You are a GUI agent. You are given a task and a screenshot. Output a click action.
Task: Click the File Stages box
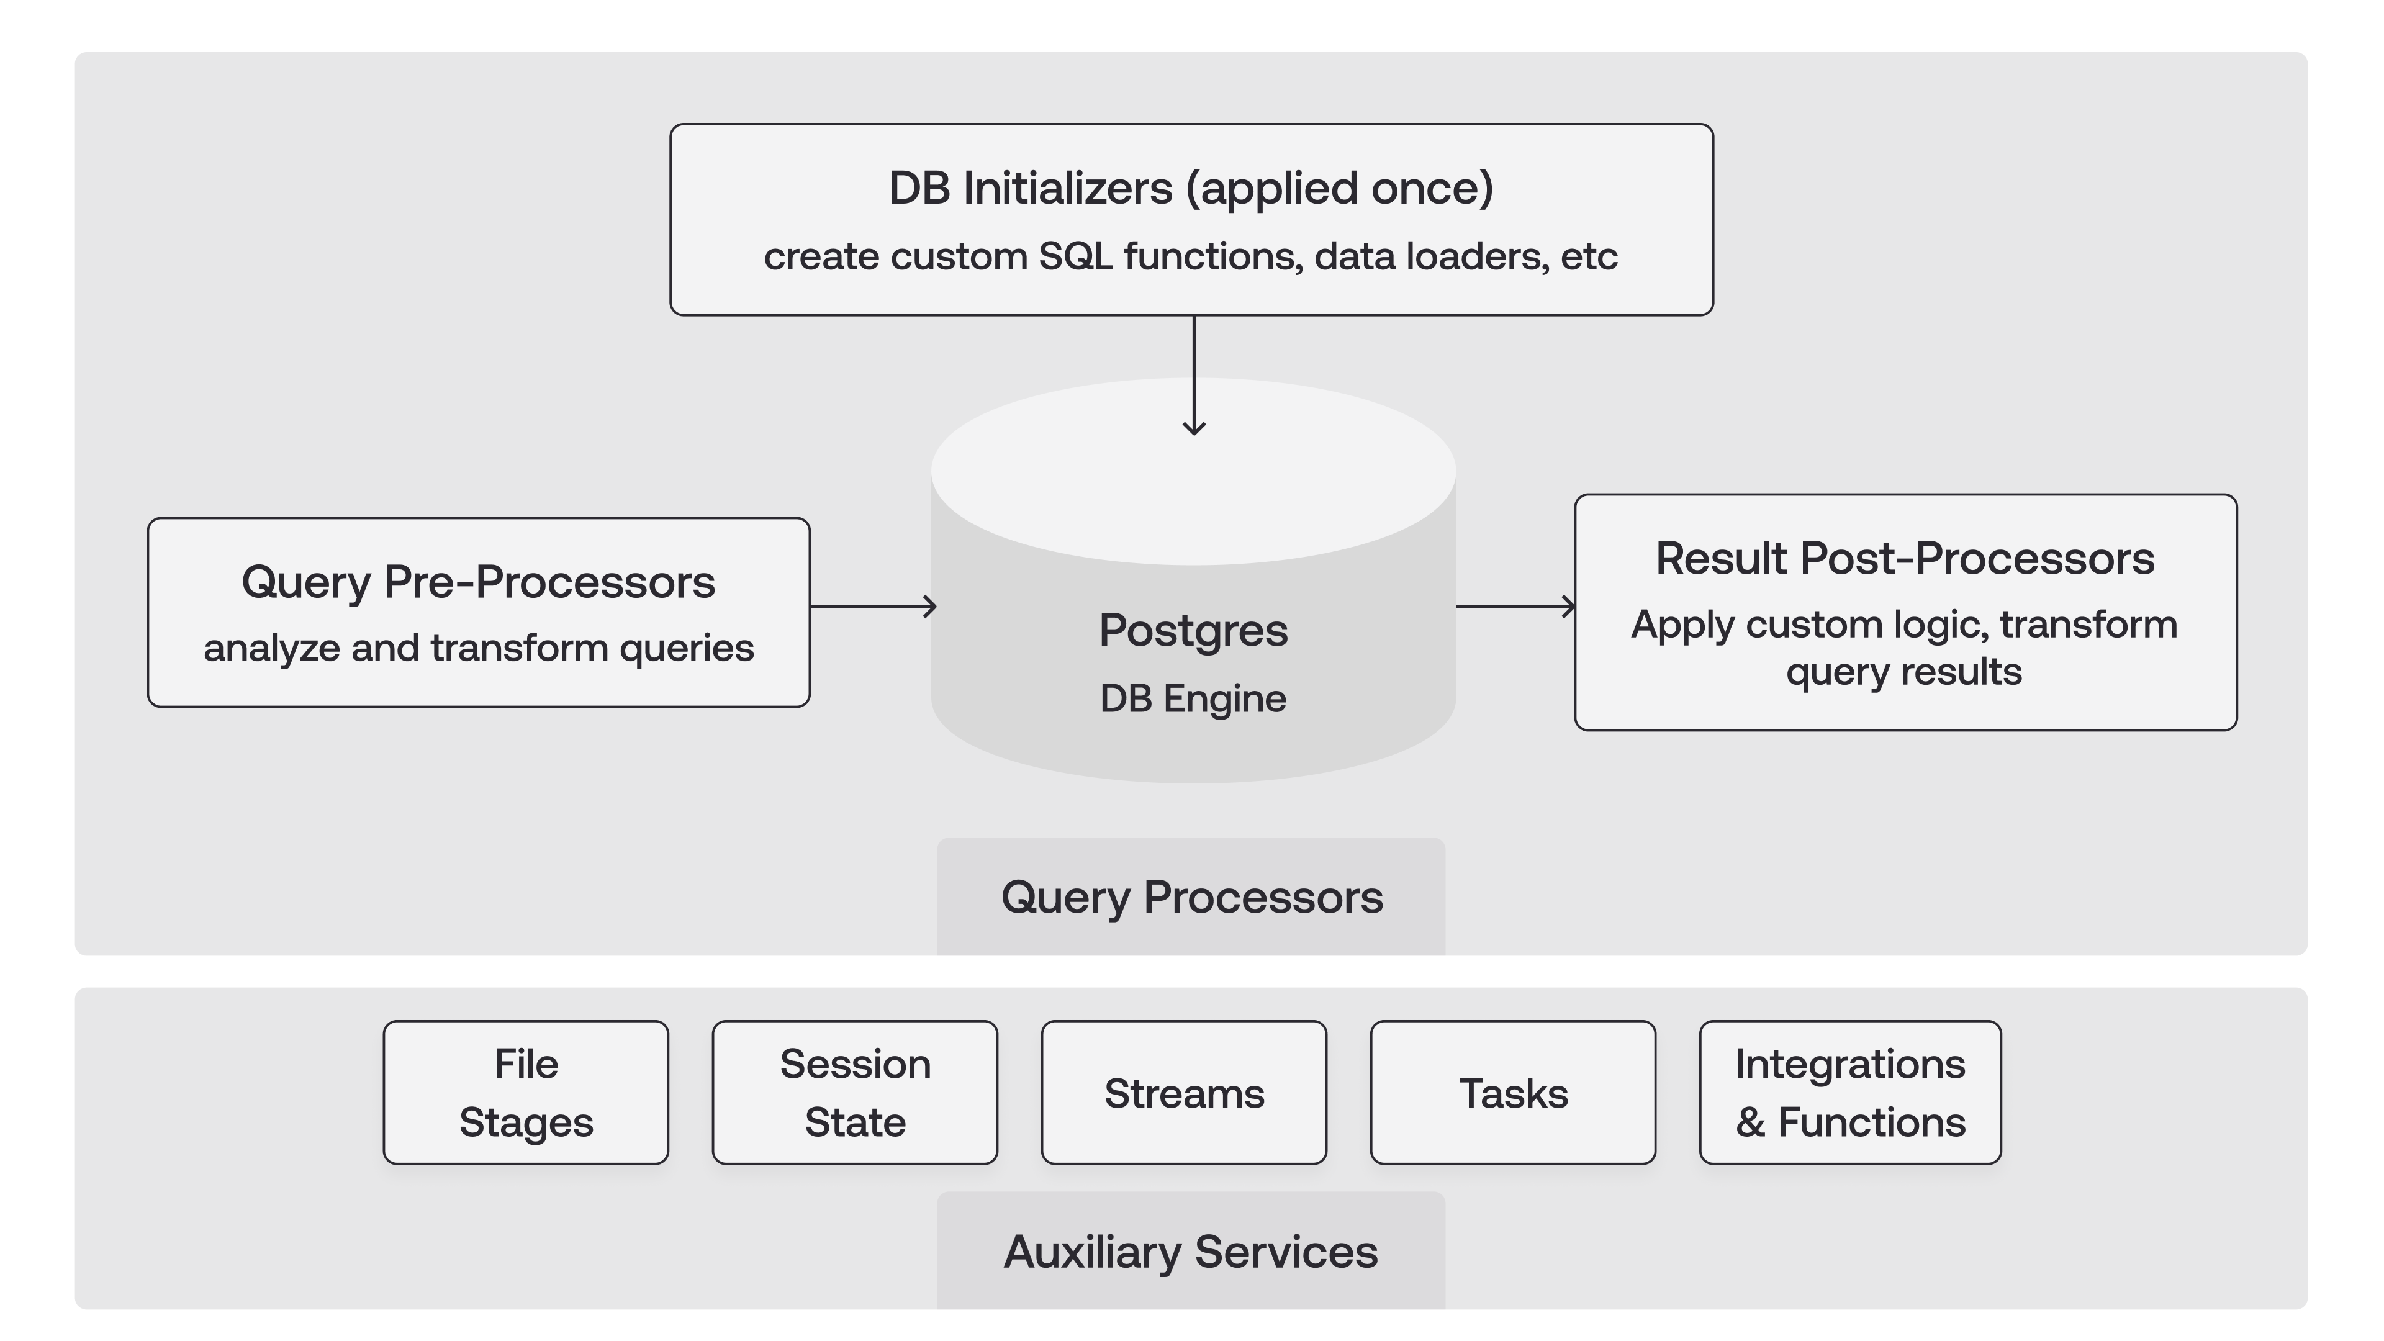[526, 1092]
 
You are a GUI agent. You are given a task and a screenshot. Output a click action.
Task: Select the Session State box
[854, 1092]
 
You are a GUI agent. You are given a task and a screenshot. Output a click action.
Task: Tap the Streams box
[1184, 1093]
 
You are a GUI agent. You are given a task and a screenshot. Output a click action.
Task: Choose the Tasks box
[1513, 1093]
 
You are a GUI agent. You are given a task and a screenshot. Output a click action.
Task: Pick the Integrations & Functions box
[1850, 1092]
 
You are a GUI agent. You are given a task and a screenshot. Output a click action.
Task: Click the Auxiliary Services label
[1191, 1251]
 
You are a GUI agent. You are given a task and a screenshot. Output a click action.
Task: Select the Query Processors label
[1191, 896]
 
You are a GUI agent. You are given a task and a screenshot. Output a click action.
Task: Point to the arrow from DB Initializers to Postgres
[1194, 375]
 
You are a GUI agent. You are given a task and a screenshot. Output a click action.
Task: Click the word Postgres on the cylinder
[1193, 630]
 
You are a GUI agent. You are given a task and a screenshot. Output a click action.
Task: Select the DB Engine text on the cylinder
[1193, 698]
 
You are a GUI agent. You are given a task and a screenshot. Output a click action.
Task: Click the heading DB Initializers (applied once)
[1191, 188]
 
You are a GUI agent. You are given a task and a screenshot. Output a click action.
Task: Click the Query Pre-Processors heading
[479, 582]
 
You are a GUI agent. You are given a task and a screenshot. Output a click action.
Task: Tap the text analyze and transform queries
[479, 648]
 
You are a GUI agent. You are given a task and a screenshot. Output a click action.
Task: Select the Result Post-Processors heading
[1905, 558]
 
